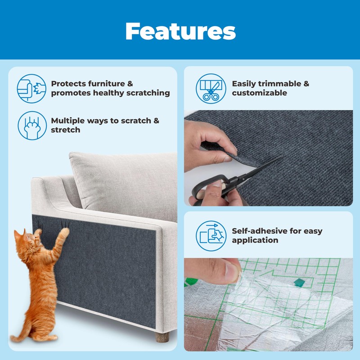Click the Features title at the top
tap(180, 31)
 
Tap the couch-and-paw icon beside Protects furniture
tap(31, 89)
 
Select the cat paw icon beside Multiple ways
tap(31, 125)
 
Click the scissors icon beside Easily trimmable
tap(211, 89)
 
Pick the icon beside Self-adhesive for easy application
tap(211, 235)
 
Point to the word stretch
tap(65, 130)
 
